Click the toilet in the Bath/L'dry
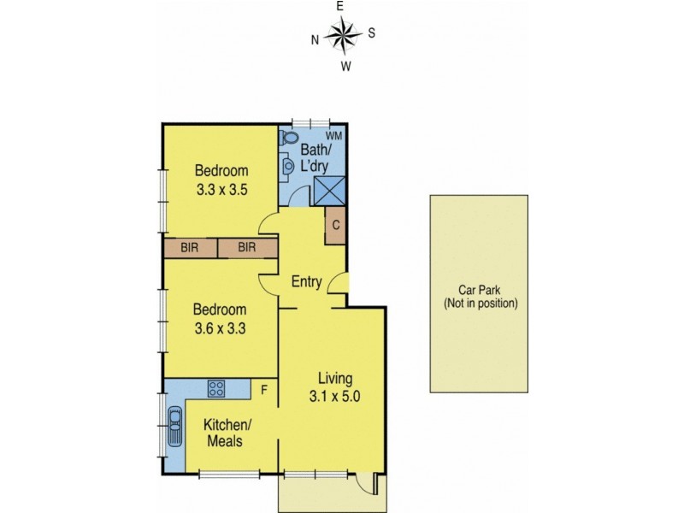(x=289, y=137)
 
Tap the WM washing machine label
(x=333, y=136)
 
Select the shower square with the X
(x=329, y=190)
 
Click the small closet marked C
(x=335, y=226)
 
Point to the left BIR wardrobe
(x=190, y=248)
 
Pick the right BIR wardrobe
(x=247, y=248)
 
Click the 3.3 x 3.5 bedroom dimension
(x=221, y=191)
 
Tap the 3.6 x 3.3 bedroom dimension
(x=221, y=326)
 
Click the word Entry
(x=305, y=281)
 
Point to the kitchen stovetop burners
(x=216, y=389)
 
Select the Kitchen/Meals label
(x=226, y=433)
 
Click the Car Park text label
(x=480, y=296)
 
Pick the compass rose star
(x=342, y=36)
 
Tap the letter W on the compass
(x=345, y=65)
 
